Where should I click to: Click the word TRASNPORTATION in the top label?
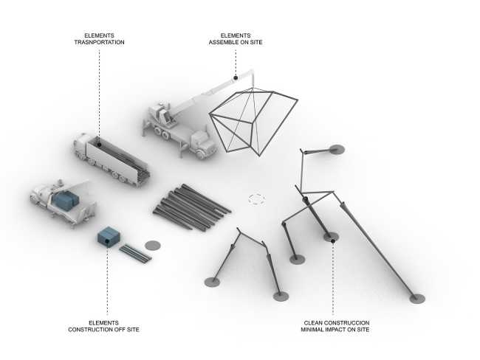[x=99, y=43]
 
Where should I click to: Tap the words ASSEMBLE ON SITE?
[x=236, y=43]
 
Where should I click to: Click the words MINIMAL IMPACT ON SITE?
[x=336, y=329]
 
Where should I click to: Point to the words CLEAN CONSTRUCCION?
[x=336, y=322]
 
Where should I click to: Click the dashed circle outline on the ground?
[x=256, y=198]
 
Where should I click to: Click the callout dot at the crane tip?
[x=236, y=77]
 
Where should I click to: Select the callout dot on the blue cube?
[x=108, y=244]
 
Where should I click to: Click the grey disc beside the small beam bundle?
[x=153, y=244]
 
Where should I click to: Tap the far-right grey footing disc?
[x=417, y=298]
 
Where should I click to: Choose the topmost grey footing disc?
[x=337, y=149]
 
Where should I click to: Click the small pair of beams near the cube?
[x=136, y=252]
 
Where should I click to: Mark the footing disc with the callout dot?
[x=332, y=238]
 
